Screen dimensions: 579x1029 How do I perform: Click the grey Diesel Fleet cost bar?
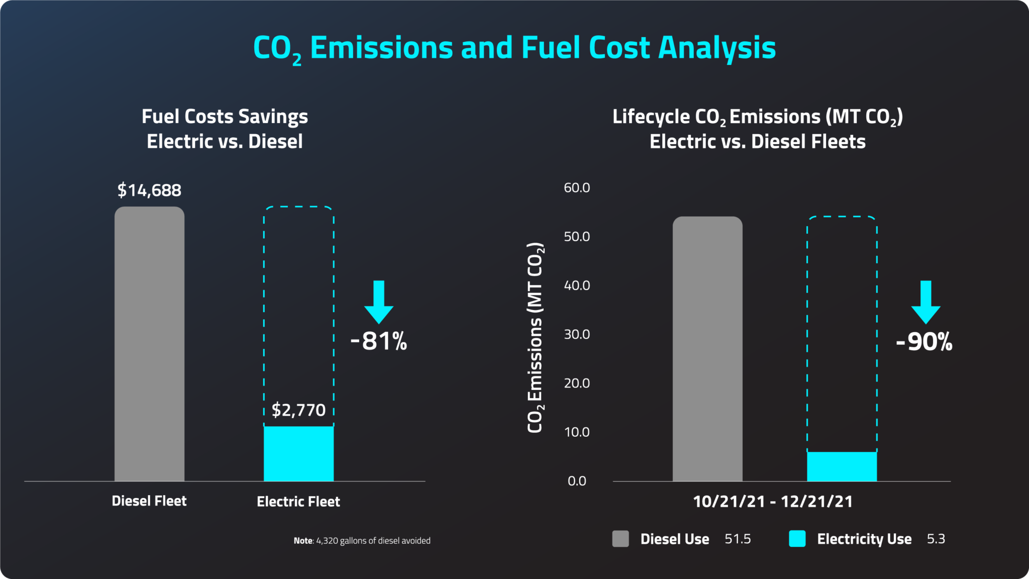pos(149,344)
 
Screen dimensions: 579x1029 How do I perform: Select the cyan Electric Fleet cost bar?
pos(298,453)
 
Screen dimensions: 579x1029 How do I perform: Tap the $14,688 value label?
pos(149,190)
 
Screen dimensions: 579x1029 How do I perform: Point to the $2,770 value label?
pos(298,410)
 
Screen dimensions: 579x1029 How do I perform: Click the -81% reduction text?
pos(379,341)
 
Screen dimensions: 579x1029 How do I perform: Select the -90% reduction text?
pos(924,342)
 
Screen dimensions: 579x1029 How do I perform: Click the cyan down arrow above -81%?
pos(379,302)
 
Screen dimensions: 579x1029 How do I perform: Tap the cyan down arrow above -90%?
pos(925,302)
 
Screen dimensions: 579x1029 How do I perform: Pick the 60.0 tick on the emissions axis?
pos(577,187)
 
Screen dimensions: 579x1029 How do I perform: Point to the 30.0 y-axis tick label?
pos(577,334)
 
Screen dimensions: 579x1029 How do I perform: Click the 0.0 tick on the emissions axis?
pos(577,481)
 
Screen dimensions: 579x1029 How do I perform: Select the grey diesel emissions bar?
pos(707,349)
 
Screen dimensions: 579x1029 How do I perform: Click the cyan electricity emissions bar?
pos(842,466)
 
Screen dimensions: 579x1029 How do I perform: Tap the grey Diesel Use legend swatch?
pos(621,539)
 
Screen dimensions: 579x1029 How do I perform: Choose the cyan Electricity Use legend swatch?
pos(797,539)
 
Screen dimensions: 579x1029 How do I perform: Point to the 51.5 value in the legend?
pos(738,539)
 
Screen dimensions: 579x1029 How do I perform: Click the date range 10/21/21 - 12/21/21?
pos(773,502)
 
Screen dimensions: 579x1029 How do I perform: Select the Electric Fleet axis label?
pos(298,502)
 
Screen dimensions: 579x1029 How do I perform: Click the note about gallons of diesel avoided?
pos(362,541)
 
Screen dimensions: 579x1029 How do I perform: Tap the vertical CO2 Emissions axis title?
pos(535,338)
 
